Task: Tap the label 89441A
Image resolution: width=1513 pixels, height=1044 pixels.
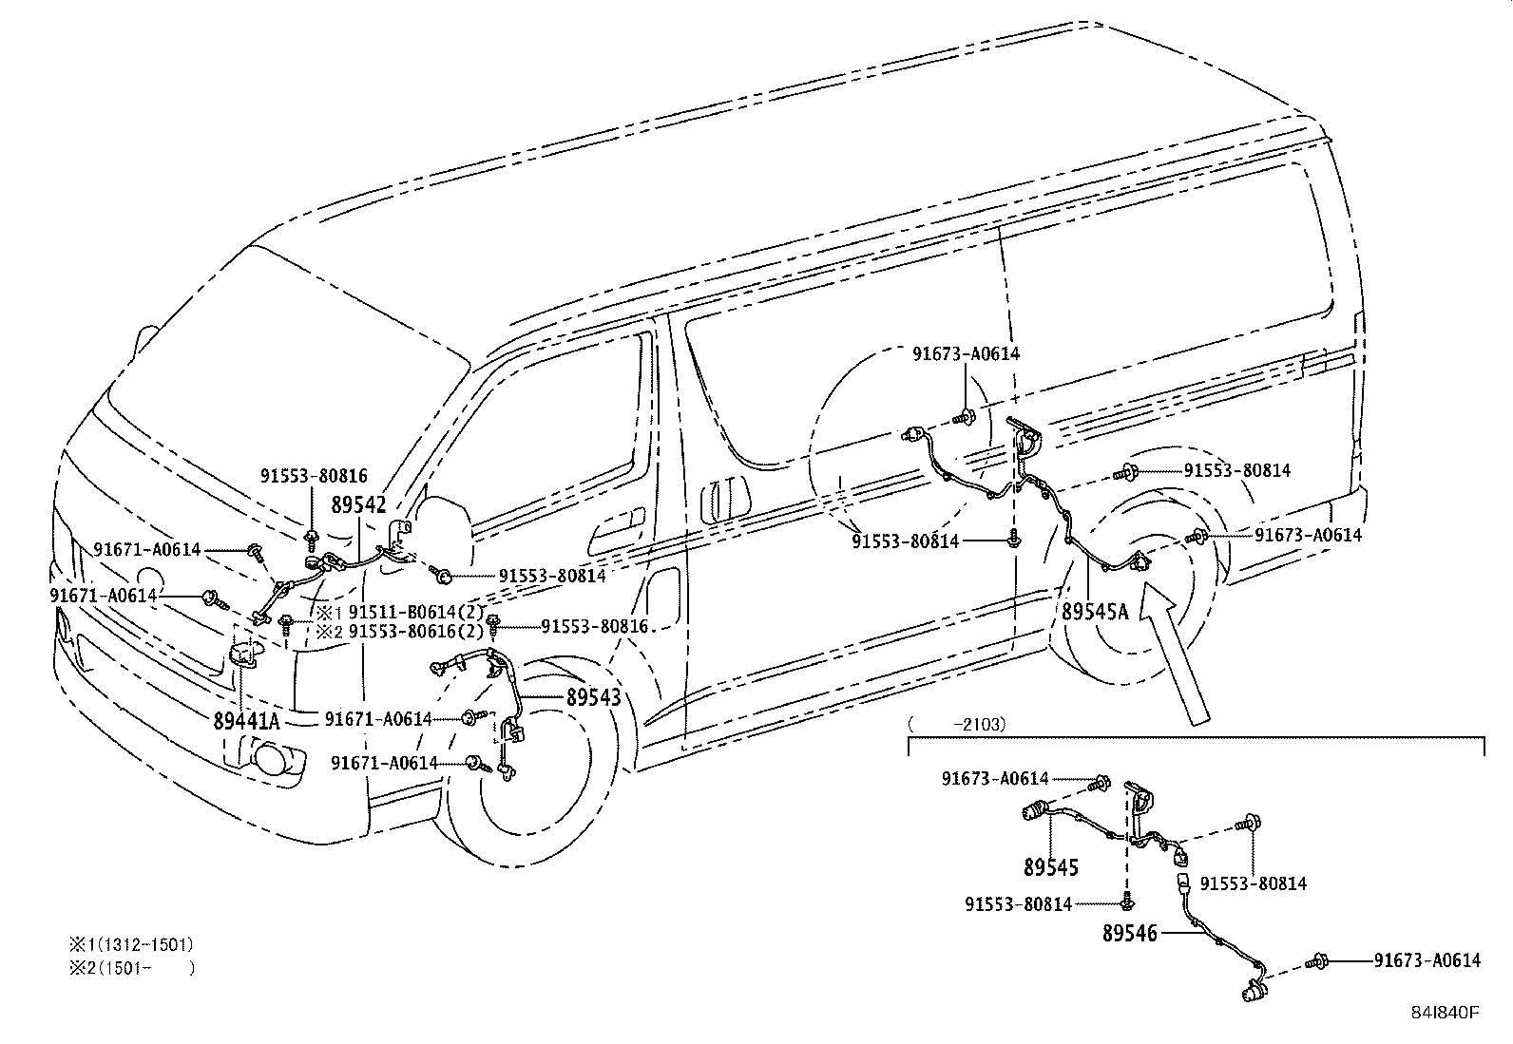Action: pos(245,721)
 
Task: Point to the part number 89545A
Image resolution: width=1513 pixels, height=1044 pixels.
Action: pos(1094,611)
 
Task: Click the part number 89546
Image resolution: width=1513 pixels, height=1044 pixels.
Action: pos(1130,934)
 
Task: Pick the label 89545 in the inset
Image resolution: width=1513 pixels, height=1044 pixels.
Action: pos(1051,867)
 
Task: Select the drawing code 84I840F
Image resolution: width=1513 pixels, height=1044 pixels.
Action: pos(1445,1012)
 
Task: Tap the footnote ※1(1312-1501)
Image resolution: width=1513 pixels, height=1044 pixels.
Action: pos(130,944)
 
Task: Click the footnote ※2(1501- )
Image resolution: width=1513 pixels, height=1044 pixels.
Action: pos(130,969)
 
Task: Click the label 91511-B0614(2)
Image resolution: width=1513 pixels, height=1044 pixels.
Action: pos(416,613)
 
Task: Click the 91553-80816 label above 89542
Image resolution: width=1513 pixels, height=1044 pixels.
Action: pos(314,476)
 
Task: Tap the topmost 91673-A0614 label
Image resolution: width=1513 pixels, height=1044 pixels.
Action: pos(966,353)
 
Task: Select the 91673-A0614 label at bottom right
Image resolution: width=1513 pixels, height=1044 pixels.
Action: pos(1427,960)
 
